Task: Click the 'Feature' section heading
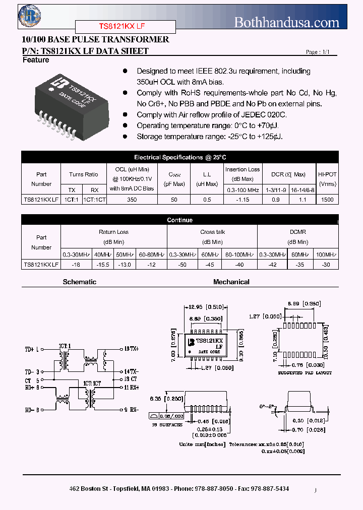pos(36,60)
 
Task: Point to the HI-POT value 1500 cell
pos(328,200)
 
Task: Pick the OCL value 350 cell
pos(132,200)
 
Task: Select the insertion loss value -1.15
pos(243,200)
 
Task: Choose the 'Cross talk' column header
pos(212,232)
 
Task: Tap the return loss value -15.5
pos(103,264)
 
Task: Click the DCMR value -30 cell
pos(326,264)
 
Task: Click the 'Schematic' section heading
pos(79,282)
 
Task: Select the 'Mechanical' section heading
pos(231,282)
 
